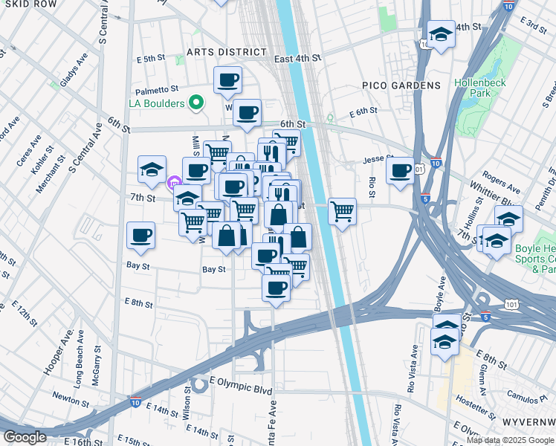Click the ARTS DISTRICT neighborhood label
tap(226, 52)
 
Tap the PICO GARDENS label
tap(401, 86)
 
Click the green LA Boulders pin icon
tap(196, 103)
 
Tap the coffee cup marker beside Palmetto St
tap(227, 80)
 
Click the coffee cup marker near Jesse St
tap(400, 170)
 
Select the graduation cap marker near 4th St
tap(441, 33)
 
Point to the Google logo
tap(25, 436)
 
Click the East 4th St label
tap(297, 57)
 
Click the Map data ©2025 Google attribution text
tap(509, 440)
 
